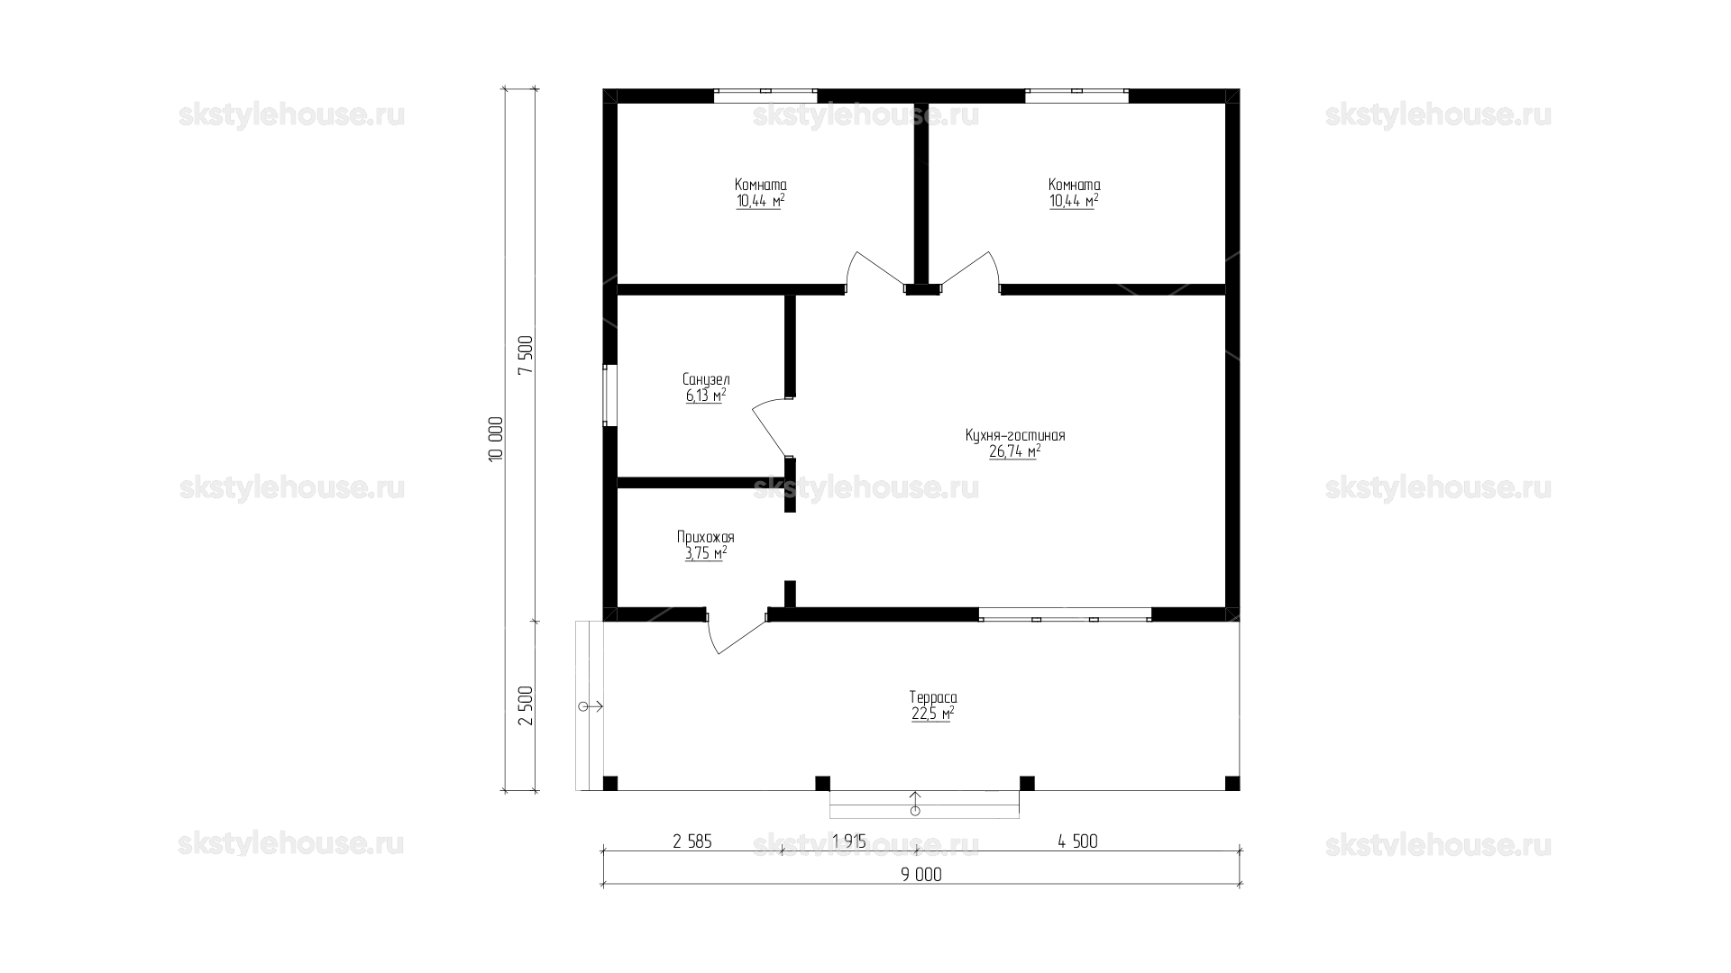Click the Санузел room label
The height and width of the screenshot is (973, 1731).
pyautogui.click(x=706, y=380)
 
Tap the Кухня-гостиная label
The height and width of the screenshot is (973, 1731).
pyautogui.click(x=1015, y=436)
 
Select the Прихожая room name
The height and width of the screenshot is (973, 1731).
pyautogui.click(x=706, y=538)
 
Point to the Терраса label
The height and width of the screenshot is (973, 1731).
pyautogui.click(x=933, y=697)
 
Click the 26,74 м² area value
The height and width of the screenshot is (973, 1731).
pyautogui.click(x=1015, y=452)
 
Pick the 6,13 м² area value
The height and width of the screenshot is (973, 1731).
pyautogui.click(x=706, y=396)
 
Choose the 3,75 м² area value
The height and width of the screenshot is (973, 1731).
pyautogui.click(x=706, y=554)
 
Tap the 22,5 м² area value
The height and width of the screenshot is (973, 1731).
pyautogui.click(x=933, y=714)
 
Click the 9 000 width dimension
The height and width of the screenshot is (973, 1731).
pyautogui.click(x=920, y=875)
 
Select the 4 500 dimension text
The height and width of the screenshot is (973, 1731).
pyautogui.click(x=1077, y=841)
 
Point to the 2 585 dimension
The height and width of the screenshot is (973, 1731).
pyautogui.click(x=692, y=841)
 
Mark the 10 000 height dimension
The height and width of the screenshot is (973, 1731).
pyautogui.click(x=495, y=440)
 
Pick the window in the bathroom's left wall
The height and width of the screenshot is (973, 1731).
pyautogui.click(x=609, y=395)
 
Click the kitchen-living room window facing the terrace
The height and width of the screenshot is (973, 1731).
pyautogui.click(x=1065, y=615)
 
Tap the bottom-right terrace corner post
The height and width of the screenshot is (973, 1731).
pyautogui.click(x=1232, y=783)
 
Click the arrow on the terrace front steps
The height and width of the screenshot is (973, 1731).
pyautogui.click(x=915, y=803)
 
